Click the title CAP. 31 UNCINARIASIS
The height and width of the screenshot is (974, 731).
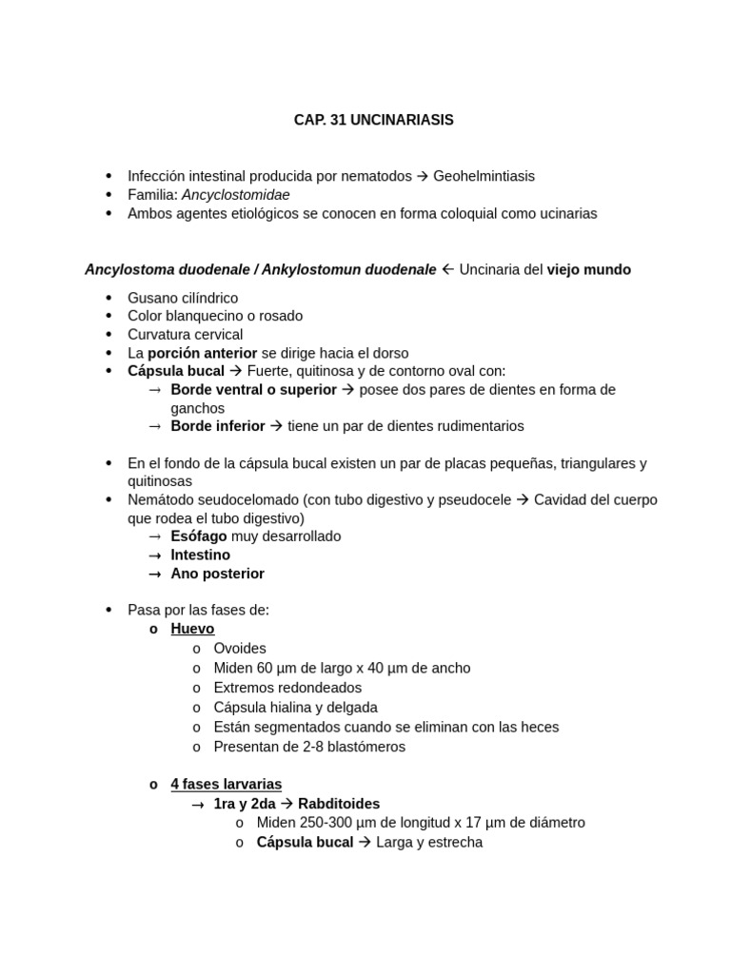(373, 120)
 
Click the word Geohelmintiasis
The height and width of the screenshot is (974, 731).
(484, 176)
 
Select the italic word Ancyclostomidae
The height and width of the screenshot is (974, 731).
(236, 195)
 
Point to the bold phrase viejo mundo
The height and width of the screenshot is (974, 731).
(588, 269)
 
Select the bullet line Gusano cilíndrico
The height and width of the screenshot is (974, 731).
(183, 298)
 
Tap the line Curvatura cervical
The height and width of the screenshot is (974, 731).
(185, 335)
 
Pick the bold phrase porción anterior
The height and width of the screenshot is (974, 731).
(202, 353)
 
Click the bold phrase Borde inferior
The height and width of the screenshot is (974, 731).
(218, 426)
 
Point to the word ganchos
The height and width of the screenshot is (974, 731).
(197, 408)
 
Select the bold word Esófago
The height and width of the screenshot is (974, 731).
(199, 536)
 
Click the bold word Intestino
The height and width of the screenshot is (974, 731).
(200, 555)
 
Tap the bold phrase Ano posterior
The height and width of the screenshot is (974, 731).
(217, 574)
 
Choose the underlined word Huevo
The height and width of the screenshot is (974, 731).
(192, 629)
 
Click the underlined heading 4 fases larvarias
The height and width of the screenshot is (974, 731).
(226, 784)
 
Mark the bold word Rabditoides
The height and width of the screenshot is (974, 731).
(339, 804)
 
